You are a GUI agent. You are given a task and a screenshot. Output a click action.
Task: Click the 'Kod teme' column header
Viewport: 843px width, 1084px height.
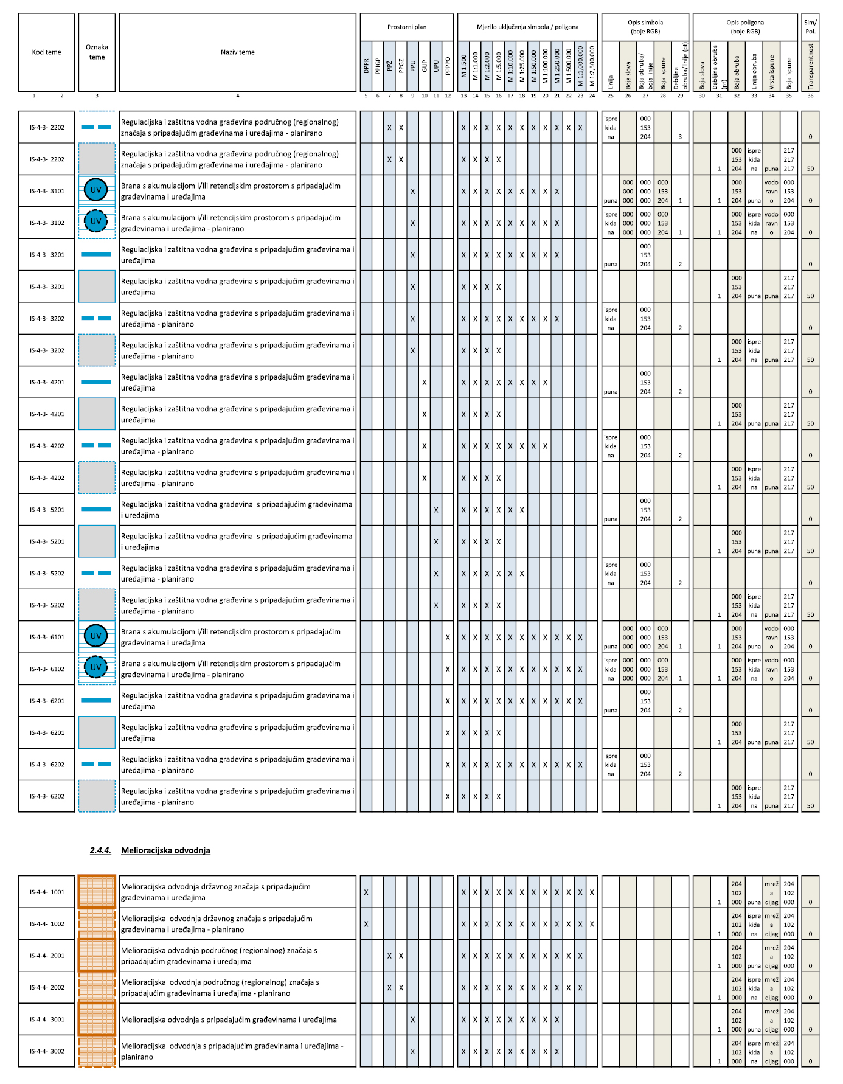[47, 52]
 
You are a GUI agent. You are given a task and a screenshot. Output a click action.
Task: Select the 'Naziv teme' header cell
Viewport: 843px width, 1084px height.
[237, 52]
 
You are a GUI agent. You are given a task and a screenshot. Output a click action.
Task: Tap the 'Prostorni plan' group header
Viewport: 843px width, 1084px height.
[407, 27]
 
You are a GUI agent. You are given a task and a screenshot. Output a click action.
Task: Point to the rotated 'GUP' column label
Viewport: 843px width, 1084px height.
[425, 66]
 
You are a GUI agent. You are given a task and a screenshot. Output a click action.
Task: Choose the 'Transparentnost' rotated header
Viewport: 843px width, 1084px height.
[810, 66]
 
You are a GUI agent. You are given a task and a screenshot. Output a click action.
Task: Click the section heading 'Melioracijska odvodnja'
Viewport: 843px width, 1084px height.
[165, 850]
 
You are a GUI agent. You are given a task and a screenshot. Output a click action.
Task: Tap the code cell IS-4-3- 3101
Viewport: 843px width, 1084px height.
[47, 191]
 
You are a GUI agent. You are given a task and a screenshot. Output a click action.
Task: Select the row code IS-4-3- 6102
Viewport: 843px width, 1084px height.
[47, 669]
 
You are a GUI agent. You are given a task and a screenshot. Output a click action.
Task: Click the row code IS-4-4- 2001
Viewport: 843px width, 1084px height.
[47, 956]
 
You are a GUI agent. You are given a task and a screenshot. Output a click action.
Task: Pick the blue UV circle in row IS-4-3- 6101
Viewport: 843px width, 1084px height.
[96, 636]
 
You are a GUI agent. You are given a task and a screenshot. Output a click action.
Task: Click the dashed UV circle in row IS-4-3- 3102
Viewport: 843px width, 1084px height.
[96, 221]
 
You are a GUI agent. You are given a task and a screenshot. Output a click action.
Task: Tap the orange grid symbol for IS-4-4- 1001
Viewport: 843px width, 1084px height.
[97, 892]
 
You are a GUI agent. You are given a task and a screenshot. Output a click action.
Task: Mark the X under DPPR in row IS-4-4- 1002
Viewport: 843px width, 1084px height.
[366, 924]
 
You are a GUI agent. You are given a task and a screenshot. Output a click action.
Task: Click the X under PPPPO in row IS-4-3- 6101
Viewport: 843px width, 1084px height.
[448, 638]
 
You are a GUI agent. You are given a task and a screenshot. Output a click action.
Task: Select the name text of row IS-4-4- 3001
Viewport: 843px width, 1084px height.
[229, 1020]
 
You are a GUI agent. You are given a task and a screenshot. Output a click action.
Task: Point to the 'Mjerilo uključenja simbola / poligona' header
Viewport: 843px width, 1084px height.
[527, 27]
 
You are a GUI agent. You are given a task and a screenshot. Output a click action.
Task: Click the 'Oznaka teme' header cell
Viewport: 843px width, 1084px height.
[97, 52]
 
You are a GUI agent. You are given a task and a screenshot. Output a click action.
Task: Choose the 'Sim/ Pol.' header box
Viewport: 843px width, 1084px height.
[810, 27]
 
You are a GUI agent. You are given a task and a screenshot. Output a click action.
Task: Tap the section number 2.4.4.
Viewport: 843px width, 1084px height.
[100, 850]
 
